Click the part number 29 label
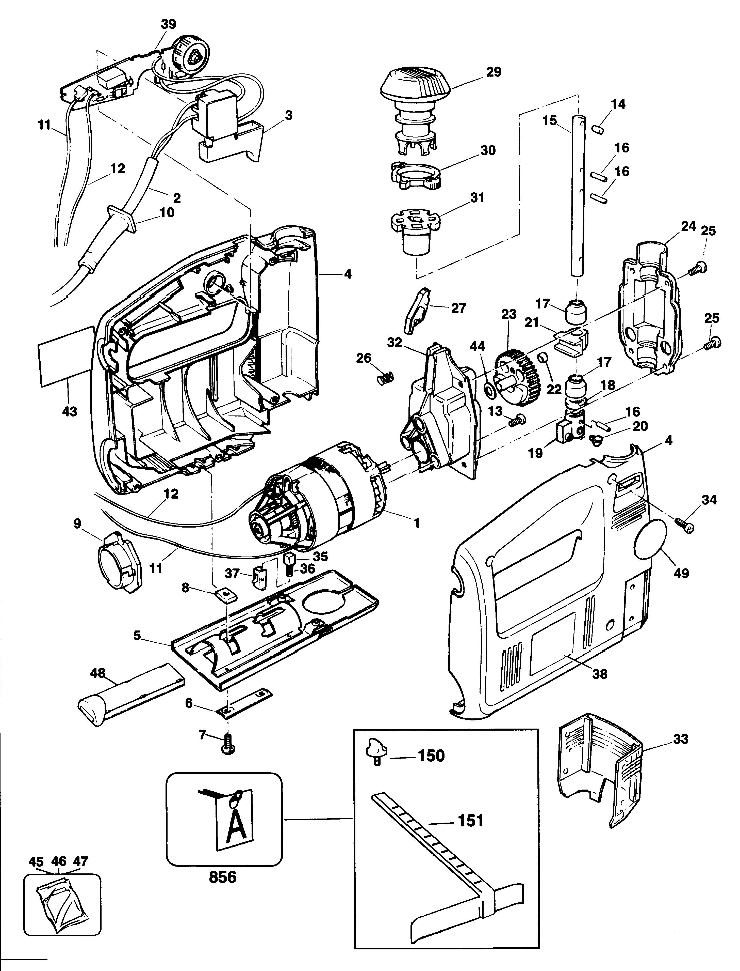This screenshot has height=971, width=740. coord(494,72)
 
